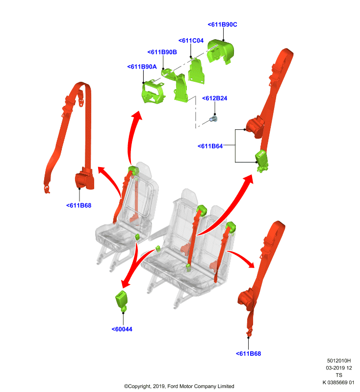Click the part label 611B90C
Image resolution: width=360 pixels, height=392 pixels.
(222, 24)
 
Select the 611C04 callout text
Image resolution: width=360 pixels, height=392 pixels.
(191, 41)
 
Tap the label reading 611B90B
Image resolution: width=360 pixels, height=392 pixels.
(162, 52)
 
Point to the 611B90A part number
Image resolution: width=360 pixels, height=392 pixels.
(142, 67)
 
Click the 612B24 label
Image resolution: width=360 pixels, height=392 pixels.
(215, 98)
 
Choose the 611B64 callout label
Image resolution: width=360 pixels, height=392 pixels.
(210, 146)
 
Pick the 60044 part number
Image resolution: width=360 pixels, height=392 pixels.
(122, 329)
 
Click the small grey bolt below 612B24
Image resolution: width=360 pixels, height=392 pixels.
(213, 119)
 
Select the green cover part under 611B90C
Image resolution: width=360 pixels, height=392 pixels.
(220, 51)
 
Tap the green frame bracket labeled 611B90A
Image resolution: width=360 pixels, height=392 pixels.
(153, 92)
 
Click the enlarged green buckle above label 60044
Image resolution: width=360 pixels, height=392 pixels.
(122, 301)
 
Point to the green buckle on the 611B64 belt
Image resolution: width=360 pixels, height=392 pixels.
(261, 161)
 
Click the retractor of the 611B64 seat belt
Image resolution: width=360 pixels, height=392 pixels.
(255, 127)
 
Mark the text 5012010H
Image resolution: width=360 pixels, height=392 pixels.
(339, 361)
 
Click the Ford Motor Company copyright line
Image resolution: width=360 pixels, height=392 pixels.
(179, 386)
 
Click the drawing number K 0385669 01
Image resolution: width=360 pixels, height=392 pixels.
(338, 382)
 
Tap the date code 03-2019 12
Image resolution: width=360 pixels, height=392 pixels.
(339, 368)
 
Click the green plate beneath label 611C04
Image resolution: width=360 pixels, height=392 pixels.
(196, 71)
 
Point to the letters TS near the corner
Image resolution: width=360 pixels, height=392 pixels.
(339, 375)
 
